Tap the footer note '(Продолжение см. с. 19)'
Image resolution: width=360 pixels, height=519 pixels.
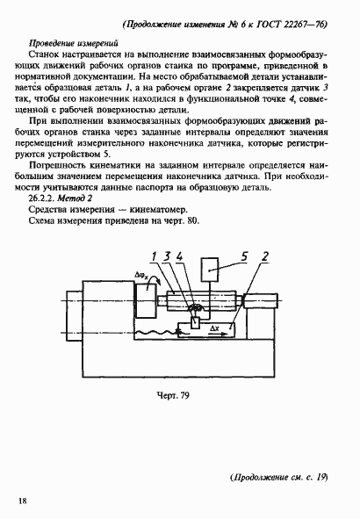[x=277, y=477]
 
